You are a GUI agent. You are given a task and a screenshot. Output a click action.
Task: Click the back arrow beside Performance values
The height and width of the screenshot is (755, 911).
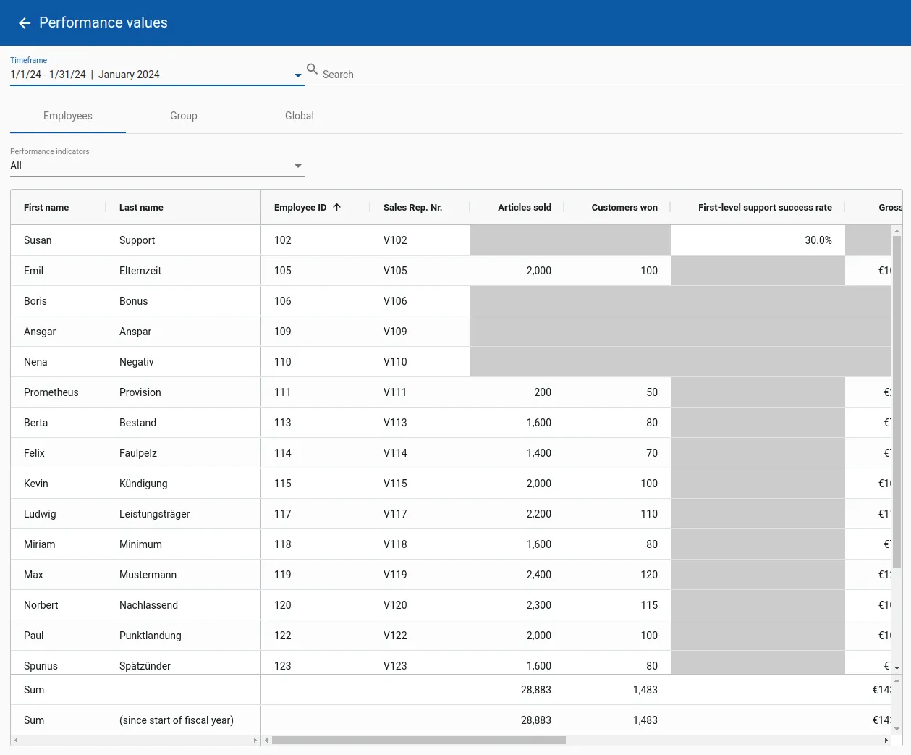[25, 23]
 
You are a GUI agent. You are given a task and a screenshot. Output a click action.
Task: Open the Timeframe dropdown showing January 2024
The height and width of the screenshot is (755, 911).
[156, 75]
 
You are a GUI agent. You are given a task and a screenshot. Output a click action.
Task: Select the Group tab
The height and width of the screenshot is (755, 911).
[184, 116]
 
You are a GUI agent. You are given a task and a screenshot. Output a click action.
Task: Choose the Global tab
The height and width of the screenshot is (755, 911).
[299, 116]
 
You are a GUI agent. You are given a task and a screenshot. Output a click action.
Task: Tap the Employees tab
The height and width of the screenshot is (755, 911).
[68, 116]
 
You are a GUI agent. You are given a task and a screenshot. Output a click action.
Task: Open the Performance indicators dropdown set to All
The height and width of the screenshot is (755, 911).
[156, 166]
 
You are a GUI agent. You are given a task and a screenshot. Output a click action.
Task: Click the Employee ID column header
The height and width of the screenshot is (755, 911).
[300, 208]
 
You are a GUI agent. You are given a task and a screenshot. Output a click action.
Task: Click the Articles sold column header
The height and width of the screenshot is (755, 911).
[524, 208]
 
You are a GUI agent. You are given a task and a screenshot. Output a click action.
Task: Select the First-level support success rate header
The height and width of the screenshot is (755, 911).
[764, 208]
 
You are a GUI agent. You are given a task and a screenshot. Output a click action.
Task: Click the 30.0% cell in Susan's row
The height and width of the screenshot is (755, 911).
[818, 240]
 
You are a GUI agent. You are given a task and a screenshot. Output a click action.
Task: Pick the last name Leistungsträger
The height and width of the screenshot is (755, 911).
[154, 514]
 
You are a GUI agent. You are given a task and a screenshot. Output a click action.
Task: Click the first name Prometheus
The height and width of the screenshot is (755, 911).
[51, 392]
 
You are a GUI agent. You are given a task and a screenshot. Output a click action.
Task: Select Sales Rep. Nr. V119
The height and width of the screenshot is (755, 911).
[395, 575]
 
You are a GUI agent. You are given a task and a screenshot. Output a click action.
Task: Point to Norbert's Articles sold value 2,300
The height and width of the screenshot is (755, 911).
[538, 605]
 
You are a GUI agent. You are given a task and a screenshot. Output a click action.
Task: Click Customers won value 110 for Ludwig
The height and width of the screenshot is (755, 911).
[648, 514]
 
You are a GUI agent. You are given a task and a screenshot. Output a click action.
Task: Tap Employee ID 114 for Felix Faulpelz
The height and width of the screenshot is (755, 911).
[283, 453]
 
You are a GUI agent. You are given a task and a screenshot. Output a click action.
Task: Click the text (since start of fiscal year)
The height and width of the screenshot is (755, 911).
[177, 720]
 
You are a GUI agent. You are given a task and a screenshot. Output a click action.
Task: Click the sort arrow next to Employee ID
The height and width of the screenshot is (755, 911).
[337, 207]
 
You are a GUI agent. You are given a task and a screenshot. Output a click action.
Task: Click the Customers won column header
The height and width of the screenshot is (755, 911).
[624, 208]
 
